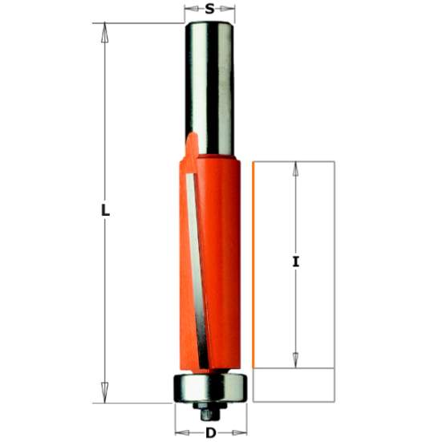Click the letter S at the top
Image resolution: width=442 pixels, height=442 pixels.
209,10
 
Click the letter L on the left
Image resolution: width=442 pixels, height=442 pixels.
104,212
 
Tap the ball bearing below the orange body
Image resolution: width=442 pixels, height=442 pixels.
209,387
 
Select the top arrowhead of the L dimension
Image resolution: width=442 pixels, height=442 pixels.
103,30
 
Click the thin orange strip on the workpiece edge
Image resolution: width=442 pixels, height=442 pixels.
253,265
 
